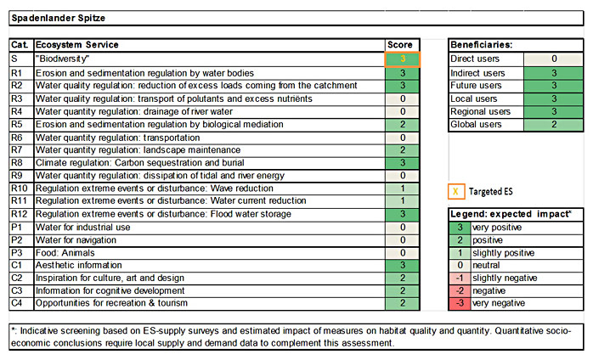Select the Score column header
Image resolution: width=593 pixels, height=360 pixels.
pyautogui.click(x=399, y=44)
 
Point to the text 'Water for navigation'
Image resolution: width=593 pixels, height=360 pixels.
pyautogui.click(x=78, y=239)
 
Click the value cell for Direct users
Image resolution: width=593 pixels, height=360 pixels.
pyautogui.click(x=553, y=59)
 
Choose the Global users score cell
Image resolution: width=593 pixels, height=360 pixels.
pyautogui.click(x=553, y=124)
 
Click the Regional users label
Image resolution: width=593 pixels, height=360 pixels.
pyautogui.click(x=481, y=111)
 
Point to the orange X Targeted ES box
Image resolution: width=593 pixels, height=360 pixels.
pyautogui.click(x=457, y=192)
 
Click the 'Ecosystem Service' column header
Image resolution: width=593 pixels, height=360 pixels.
pyautogui.click(x=77, y=44)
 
